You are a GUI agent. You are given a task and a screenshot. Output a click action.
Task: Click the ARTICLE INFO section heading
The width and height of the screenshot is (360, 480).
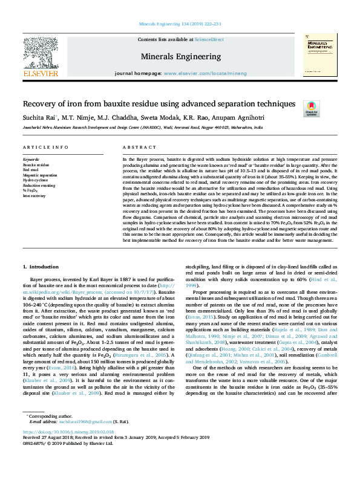coord(45,148)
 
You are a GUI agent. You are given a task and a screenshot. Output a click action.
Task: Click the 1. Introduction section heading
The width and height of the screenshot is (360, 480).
coord(42,267)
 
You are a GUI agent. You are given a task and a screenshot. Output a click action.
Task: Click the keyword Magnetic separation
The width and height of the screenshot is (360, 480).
coord(38,175)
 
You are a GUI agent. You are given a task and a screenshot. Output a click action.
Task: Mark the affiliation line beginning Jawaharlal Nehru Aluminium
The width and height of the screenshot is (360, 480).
coord(143,128)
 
